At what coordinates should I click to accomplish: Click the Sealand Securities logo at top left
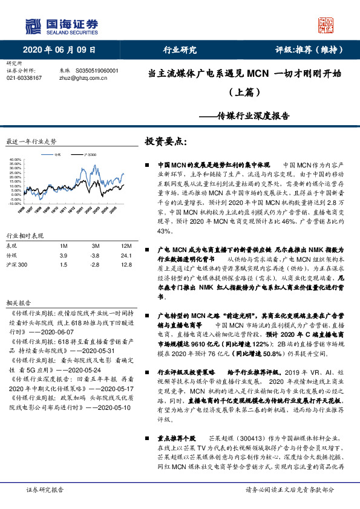point(61,25)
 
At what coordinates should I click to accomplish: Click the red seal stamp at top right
point(327,25)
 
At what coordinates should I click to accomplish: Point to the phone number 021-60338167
point(24,78)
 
